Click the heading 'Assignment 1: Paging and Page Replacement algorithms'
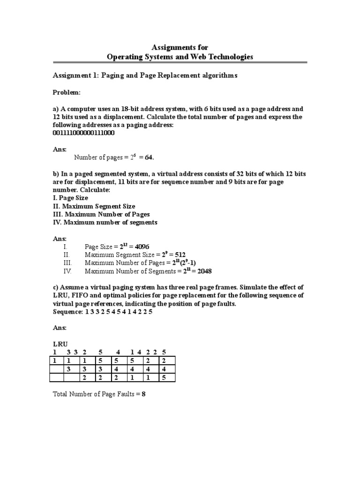point(145,75)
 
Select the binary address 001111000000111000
point(84,133)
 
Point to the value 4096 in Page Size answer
point(141,247)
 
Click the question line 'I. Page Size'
point(70,198)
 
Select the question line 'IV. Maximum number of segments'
point(105,222)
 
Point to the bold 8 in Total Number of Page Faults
point(144,394)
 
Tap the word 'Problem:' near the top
point(67,93)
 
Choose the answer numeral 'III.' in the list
point(67,263)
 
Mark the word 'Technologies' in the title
point(228,57)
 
